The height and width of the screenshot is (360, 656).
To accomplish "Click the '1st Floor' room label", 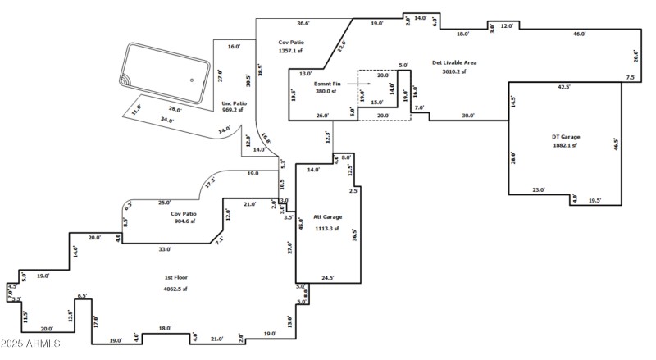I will pos(175,278).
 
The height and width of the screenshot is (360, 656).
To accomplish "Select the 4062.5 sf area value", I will pos(175,289).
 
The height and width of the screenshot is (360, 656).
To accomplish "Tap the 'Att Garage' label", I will pos(326,216).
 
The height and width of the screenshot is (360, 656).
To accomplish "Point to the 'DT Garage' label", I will pos(563,136).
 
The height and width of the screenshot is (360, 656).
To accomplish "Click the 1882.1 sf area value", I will pos(563,146).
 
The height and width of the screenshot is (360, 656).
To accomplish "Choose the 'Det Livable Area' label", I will pos(454,62).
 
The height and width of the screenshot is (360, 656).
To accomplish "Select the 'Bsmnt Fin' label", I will pos(326,84).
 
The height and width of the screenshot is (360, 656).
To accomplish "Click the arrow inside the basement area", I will pos(363,84).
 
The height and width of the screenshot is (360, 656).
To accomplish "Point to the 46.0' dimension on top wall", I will pos(579,34).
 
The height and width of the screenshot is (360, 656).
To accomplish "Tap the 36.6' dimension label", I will pos(303,23).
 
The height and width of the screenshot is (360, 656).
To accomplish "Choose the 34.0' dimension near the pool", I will pos(167,120).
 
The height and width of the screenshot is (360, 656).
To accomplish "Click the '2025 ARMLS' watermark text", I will pos(30,344).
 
